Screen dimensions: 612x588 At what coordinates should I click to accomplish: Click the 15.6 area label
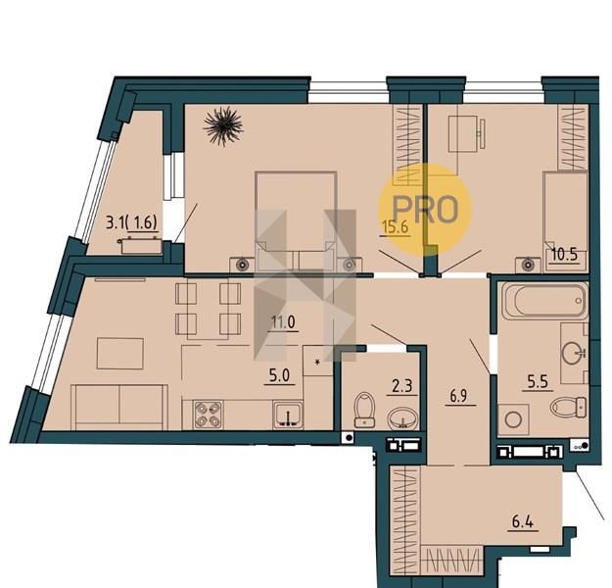[x=397, y=226]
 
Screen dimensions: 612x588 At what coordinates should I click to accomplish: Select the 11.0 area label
[x=283, y=322]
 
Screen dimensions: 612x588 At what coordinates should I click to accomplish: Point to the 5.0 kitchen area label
[x=279, y=376]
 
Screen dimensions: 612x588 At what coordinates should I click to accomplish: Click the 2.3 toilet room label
[x=402, y=386]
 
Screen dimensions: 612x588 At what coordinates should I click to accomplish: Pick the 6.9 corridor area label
[x=458, y=396]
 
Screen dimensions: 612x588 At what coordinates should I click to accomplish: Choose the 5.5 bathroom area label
[x=538, y=382]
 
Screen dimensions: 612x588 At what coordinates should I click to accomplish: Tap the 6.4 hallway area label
[x=523, y=521]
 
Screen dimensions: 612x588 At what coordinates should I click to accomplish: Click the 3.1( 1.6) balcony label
[x=131, y=222]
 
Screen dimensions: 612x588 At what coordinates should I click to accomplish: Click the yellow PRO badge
[x=425, y=209]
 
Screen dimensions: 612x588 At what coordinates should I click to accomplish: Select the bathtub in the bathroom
[x=544, y=301]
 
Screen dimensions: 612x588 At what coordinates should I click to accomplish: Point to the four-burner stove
[x=209, y=415]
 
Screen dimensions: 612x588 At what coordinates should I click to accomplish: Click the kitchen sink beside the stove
[x=288, y=415]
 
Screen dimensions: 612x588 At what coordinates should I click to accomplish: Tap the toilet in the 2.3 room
[x=364, y=410]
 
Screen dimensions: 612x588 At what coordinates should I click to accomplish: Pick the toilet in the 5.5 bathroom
[x=568, y=407]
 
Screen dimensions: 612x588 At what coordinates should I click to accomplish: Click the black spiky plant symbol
[x=223, y=125]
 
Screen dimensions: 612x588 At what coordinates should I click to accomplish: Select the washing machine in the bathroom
[x=513, y=420]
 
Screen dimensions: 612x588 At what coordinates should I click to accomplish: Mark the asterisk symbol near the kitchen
[x=317, y=362]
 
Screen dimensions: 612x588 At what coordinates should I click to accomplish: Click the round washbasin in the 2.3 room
[x=402, y=418]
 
